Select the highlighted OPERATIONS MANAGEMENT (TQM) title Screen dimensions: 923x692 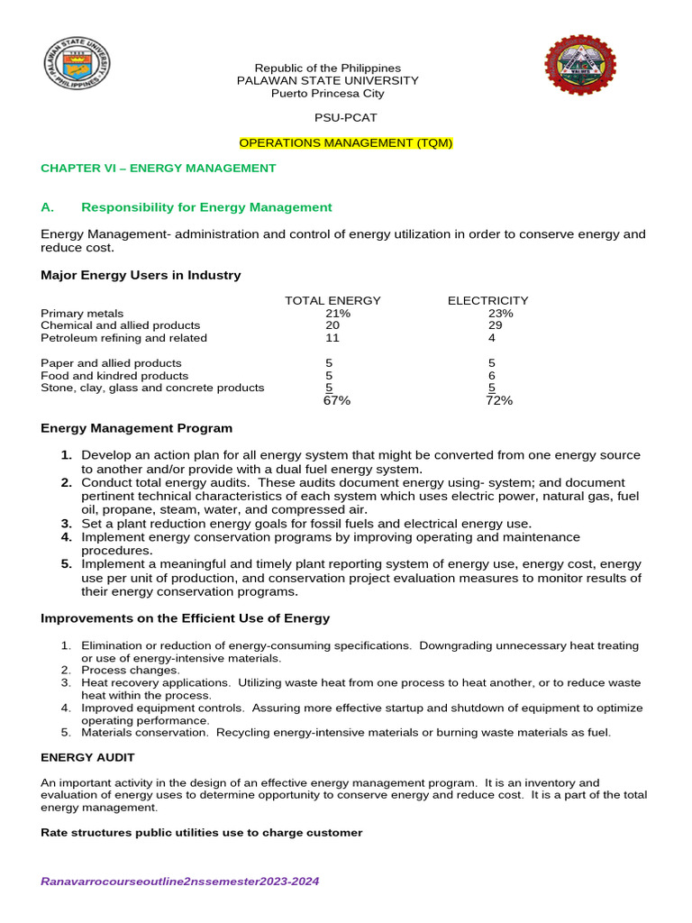345,143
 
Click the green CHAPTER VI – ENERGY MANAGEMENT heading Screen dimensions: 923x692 159,169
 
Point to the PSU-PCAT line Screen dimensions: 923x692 345,118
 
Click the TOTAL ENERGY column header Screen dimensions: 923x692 332,301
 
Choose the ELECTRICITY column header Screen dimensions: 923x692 487,301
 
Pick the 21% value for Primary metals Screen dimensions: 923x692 338,314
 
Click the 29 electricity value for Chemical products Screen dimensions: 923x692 494,325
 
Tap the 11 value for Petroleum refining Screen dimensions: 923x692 332,338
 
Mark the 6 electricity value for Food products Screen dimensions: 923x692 492,376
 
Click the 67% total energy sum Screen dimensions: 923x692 336,401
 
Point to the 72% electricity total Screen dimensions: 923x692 498,401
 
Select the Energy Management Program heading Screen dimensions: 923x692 136,428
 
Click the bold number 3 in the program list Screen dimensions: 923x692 66,524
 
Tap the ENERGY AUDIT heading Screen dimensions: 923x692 87,758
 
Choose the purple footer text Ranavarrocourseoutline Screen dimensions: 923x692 180,882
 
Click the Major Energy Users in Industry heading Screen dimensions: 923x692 141,276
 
